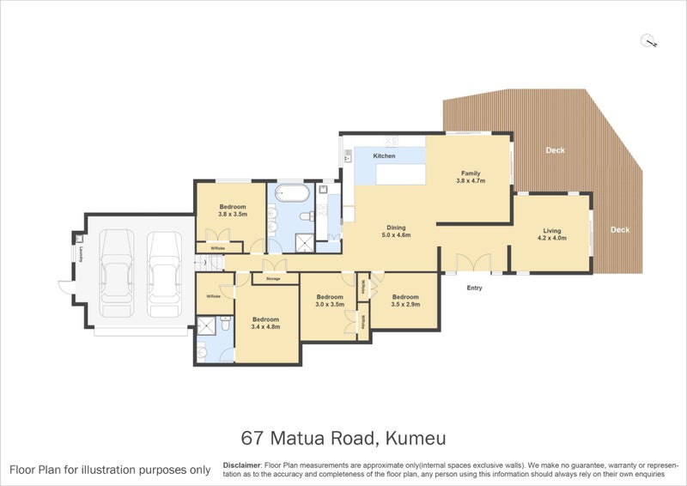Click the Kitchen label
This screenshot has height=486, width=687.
[384, 156]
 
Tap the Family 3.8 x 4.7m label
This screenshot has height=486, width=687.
[472, 177]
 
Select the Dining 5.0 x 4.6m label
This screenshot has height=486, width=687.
[396, 229]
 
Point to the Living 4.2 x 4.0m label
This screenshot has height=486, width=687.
[551, 234]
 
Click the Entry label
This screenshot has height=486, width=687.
[474, 288]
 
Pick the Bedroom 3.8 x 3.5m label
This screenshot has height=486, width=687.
[233, 210]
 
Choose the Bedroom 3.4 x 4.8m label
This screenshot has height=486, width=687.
[265, 323]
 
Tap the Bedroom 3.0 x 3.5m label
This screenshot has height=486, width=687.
[330, 300]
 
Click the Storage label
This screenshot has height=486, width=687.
[273, 279]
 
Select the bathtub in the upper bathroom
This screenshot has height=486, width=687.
[292, 193]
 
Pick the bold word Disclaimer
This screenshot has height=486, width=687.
[241, 464]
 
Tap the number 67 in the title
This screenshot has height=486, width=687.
[252, 439]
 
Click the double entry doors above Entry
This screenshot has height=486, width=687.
[472, 262]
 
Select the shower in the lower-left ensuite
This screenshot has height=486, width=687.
[207, 326]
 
